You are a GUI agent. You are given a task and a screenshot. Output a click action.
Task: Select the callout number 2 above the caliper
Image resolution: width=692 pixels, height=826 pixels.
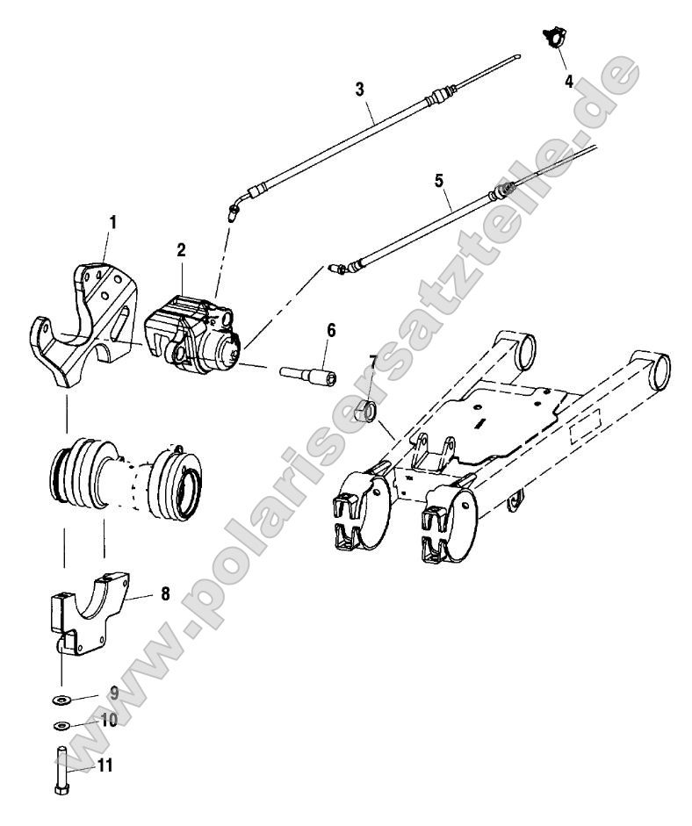click(x=181, y=249)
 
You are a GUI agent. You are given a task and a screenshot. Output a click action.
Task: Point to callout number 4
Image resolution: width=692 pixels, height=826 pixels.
click(x=568, y=81)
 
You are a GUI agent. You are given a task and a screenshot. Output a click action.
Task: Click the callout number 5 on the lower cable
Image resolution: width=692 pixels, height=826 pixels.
click(x=440, y=181)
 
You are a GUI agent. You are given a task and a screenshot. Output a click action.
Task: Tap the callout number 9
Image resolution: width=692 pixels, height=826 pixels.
click(x=114, y=692)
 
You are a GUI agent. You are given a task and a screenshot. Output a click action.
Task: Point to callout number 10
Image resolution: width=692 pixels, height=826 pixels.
click(x=109, y=721)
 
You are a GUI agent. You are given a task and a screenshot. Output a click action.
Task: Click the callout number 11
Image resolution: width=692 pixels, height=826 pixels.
click(x=104, y=765)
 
